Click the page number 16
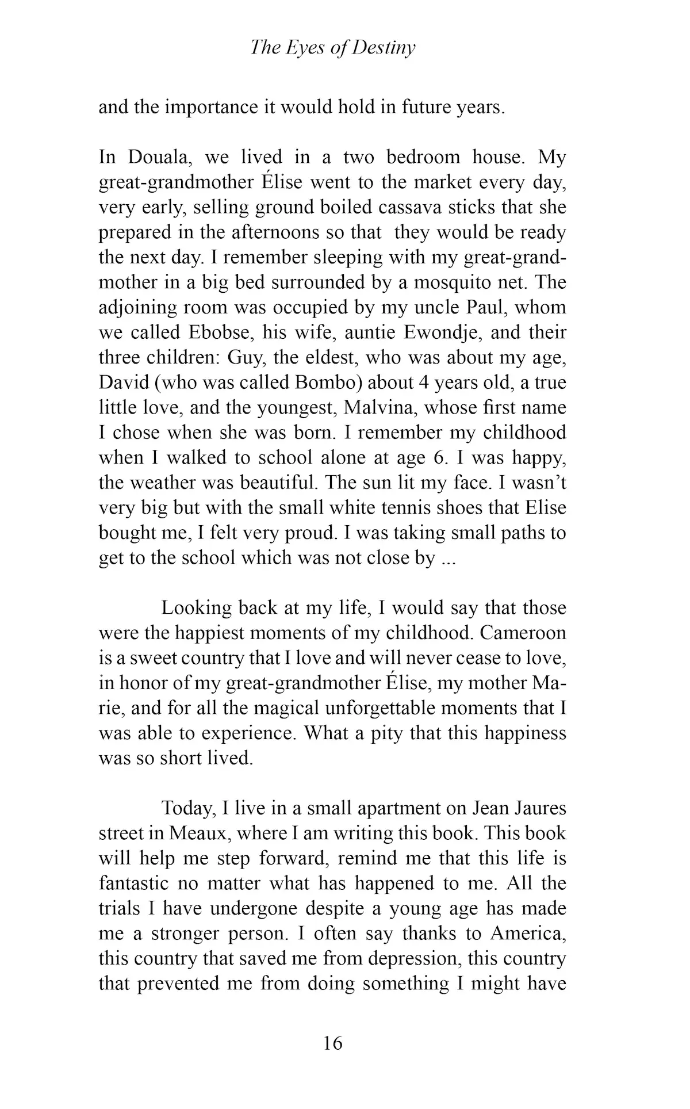333,1043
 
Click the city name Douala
154,157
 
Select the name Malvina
376,407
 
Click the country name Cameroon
523,633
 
